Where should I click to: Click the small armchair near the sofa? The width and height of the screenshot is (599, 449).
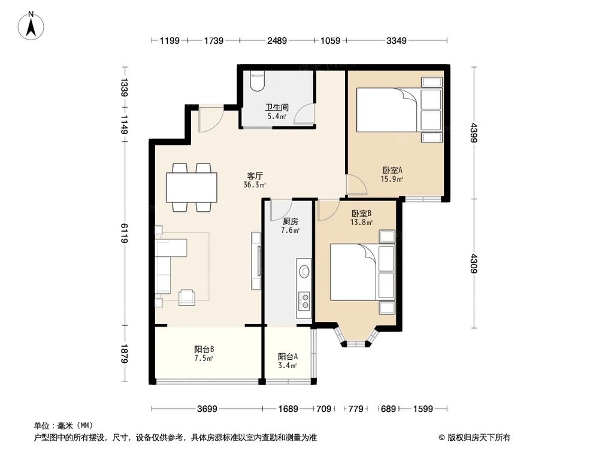tap(187, 296)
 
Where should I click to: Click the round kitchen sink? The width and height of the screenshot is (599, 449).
tap(304, 271)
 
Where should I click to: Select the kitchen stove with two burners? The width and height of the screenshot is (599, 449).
tap(304, 299)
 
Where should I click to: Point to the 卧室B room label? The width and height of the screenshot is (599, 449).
tap(362, 213)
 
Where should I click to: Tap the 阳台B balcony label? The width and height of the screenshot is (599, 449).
tap(204, 350)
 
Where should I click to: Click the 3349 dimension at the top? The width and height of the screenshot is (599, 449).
tap(397, 41)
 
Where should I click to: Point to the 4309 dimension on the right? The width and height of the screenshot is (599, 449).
tap(474, 264)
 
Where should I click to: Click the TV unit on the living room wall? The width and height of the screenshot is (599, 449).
tap(258, 260)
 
